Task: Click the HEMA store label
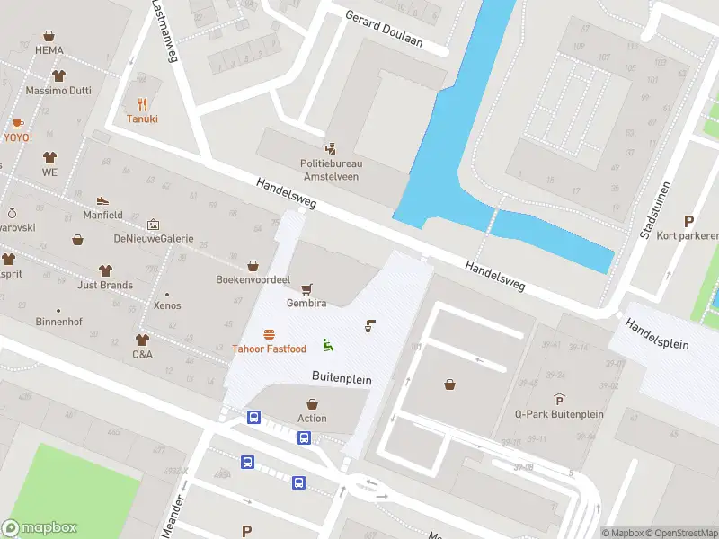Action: (49, 51)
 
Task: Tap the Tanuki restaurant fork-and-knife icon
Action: (142, 103)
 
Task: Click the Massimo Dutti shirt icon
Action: (59, 76)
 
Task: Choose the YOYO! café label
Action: (18, 137)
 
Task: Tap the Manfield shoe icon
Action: (103, 200)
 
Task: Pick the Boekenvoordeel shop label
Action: (253, 279)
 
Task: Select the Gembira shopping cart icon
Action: (307, 288)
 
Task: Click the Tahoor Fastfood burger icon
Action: (269, 334)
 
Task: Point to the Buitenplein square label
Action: (342, 380)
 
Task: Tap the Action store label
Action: (312, 418)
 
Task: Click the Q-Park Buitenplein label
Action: (559, 414)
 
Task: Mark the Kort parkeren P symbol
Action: (689, 221)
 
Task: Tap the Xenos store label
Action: (167, 305)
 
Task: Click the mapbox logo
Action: (40, 528)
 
